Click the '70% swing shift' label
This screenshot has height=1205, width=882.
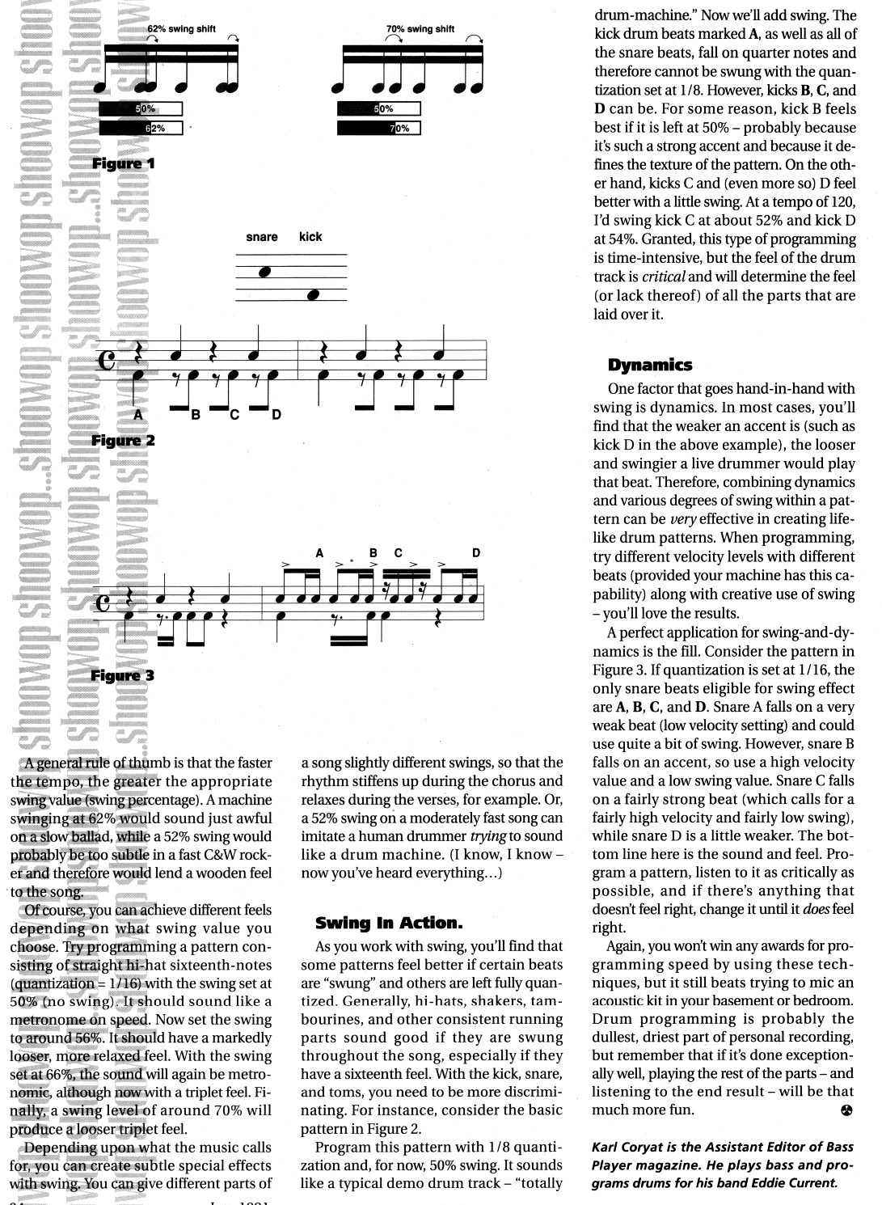click(420, 29)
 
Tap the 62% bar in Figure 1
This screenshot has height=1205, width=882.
click(141, 128)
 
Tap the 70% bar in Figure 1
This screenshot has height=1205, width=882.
click(379, 128)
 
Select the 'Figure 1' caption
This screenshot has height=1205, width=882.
click(123, 163)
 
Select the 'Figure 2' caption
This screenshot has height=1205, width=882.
click(123, 441)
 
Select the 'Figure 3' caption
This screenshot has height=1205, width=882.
click(123, 675)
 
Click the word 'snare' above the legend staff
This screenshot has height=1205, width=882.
click(261, 237)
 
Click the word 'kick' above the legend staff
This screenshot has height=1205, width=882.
click(310, 237)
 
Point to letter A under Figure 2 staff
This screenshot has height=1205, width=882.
click(137, 414)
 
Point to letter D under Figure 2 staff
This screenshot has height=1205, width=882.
click(276, 415)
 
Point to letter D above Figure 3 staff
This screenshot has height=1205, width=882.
click(476, 553)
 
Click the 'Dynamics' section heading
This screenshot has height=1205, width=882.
click(650, 365)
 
